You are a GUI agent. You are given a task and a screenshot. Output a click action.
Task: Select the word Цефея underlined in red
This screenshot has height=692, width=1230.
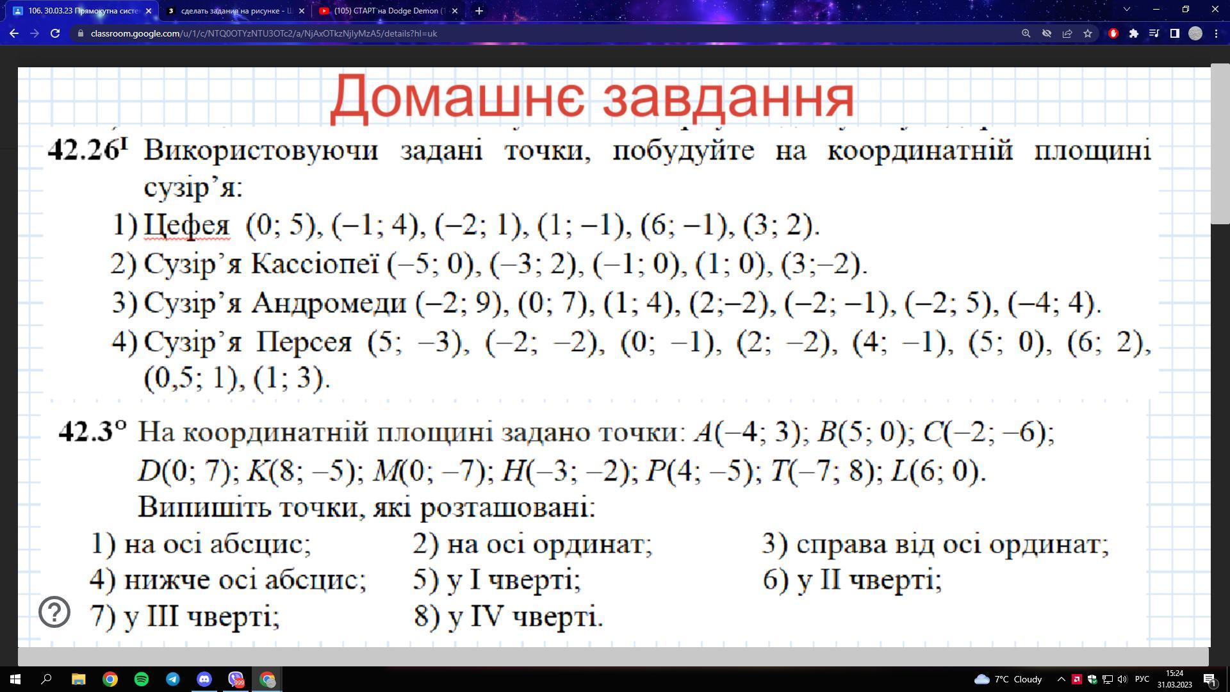pyautogui.click(x=186, y=226)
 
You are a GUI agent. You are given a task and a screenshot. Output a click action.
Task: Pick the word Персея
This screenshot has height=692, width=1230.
pyautogui.click(x=304, y=342)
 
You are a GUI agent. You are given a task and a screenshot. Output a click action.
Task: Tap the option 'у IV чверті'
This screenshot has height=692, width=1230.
pyautogui.click(x=524, y=616)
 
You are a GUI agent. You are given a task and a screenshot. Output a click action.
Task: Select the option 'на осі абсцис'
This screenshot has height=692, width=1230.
pyautogui.click(x=217, y=544)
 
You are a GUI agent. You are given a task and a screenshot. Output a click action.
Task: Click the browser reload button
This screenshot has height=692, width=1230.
pyautogui.click(x=55, y=33)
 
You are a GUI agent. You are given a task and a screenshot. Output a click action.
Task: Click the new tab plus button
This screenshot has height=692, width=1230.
pyautogui.click(x=479, y=11)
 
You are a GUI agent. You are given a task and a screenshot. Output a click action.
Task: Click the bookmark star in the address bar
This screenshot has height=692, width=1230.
pyautogui.click(x=1088, y=33)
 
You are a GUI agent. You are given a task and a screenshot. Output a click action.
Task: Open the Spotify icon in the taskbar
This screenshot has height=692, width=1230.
pyautogui.click(x=142, y=679)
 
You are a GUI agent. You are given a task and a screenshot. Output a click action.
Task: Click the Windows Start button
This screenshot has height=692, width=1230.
pyautogui.click(x=15, y=679)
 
